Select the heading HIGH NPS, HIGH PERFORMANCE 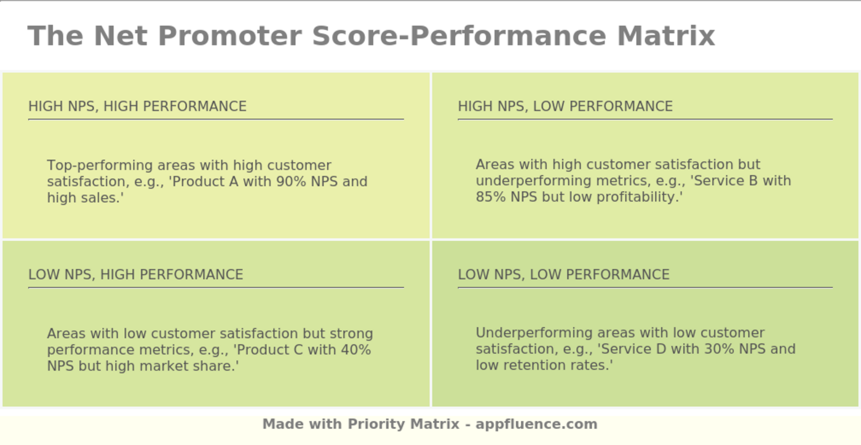point(137,106)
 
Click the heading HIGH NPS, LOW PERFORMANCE point(565,106)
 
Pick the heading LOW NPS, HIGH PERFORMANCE point(136,274)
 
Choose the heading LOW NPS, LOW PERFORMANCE point(563,274)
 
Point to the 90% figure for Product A point(295,182)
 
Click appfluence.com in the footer point(536,424)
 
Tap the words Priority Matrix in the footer point(403,424)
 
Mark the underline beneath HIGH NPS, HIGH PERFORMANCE point(216,119)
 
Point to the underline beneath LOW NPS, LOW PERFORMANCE point(645,287)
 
